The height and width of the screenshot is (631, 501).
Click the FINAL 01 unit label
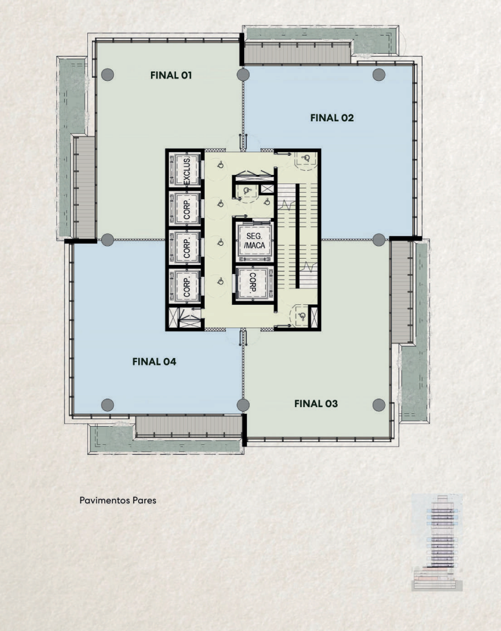pos(171,75)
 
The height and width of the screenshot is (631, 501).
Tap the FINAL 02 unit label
pos(332,118)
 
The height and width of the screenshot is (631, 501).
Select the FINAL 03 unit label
pos(316,404)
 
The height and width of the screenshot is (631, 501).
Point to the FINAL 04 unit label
pos(154,362)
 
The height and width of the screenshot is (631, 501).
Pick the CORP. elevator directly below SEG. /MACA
pos(254,283)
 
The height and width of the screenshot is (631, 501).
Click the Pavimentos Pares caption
pos(118,500)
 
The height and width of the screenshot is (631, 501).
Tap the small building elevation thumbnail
pos(437,543)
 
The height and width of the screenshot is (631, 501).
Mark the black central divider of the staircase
pos(298,236)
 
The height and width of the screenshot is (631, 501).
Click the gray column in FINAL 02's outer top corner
pos(379,74)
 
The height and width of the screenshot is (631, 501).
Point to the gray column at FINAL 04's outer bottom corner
pos(107,405)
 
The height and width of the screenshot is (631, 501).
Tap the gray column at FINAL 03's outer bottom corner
pos(379,405)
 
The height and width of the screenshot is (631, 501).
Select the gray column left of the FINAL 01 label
pos(107,74)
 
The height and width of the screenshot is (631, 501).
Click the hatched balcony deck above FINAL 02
pos(297,54)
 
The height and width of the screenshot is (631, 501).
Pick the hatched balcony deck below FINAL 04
pos(189,426)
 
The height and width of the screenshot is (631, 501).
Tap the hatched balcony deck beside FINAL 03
pos(401,292)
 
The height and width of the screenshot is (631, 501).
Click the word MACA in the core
pos(255,245)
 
